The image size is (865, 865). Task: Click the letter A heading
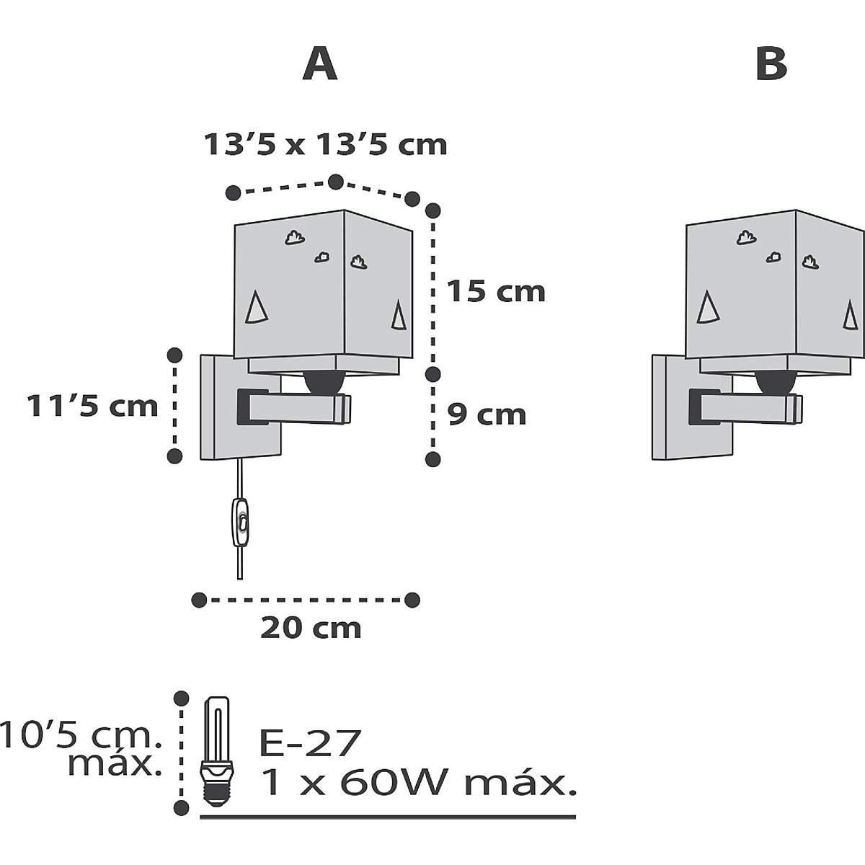click(x=319, y=65)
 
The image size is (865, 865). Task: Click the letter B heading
click(x=771, y=65)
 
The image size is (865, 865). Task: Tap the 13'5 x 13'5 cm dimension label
click(x=325, y=145)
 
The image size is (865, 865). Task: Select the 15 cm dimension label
click(x=496, y=291)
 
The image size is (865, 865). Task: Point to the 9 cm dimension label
click(x=486, y=414)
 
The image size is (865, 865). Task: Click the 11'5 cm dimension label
click(x=93, y=406)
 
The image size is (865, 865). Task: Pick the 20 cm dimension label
click(x=311, y=628)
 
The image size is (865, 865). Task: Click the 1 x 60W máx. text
click(x=418, y=782)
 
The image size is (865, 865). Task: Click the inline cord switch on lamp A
click(x=241, y=522)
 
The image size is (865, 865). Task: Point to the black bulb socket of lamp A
click(x=325, y=383)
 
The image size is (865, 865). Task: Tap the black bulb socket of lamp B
click(x=776, y=383)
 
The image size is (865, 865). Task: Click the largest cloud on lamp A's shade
click(x=295, y=237)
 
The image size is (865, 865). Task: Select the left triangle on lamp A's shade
click(x=257, y=307)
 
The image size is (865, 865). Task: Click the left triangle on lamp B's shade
click(x=708, y=307)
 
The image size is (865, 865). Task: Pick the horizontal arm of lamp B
click(x=746, y=407)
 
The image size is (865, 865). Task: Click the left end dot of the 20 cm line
click(x=199, y=600)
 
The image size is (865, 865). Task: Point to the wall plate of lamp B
click(x=693, y=407)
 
